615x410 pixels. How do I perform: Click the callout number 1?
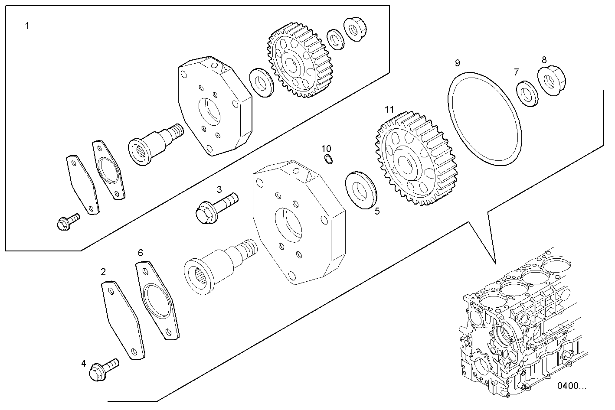click(27, 26)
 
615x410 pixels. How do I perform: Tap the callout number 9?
click(457, 63)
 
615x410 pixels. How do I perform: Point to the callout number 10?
click(326, 149)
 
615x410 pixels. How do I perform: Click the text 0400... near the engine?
click(572, 386)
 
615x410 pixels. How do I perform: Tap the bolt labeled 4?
click(102, 369)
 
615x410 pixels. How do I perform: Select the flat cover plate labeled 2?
click(123, 320)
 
